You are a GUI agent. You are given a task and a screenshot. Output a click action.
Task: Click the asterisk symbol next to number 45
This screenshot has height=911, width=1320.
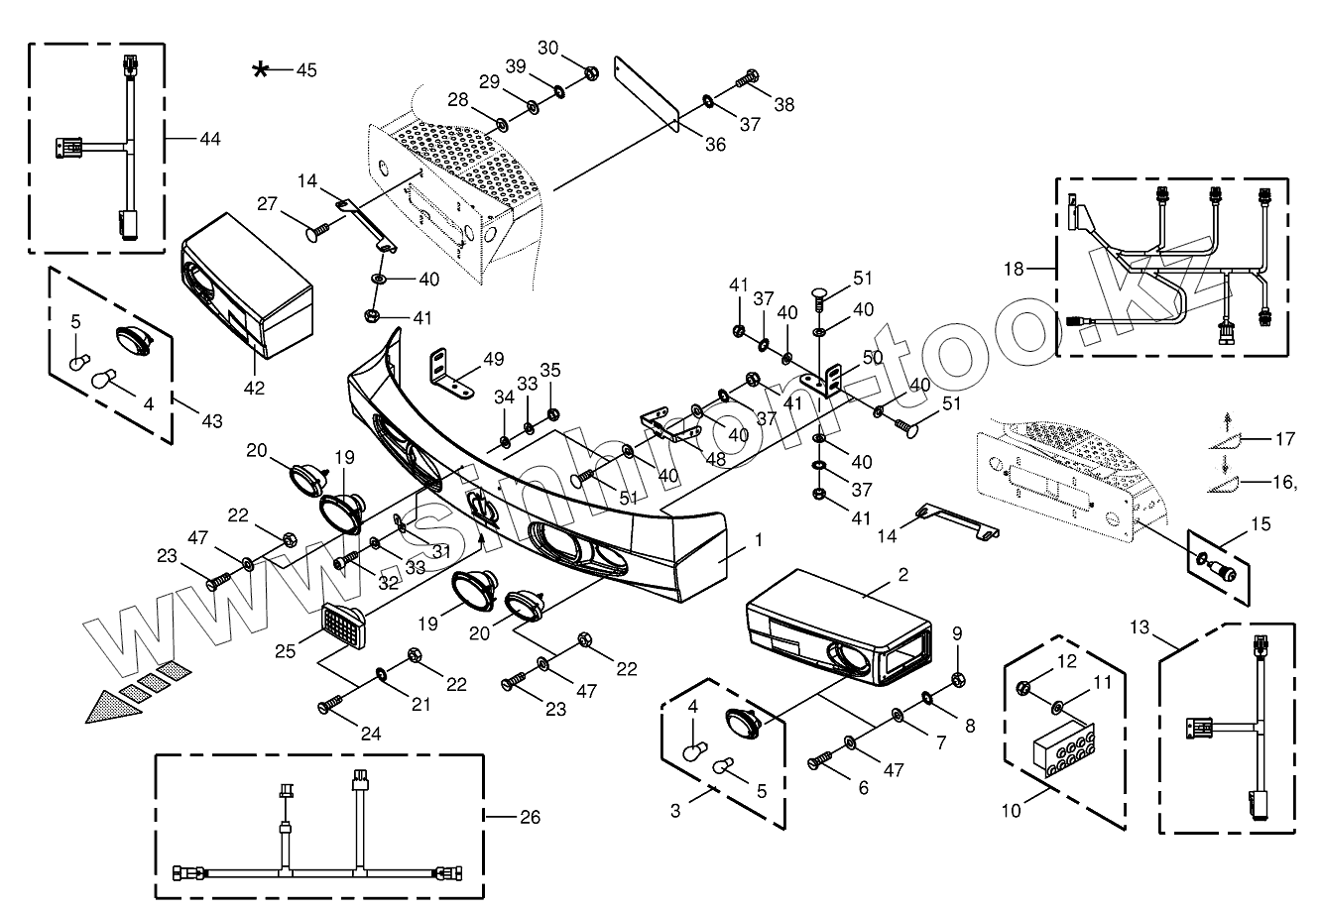pos(261,68)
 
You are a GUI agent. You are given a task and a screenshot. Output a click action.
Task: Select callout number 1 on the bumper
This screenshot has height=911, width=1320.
pos(758,541)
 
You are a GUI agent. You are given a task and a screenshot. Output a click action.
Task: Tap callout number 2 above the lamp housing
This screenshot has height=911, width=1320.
pos(902,574)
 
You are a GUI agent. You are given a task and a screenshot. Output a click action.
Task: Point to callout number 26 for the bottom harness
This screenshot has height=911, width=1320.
pos(531,817)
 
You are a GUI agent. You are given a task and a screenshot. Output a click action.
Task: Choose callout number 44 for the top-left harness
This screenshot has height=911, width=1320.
pos(209,138)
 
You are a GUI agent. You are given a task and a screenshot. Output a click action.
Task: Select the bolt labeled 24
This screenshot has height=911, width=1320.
pos(331,706)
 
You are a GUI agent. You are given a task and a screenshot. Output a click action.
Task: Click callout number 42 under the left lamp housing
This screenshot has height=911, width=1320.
pos(254,388)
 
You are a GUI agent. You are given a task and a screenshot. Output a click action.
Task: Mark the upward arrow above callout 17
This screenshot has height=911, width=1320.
pos(1226,416)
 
